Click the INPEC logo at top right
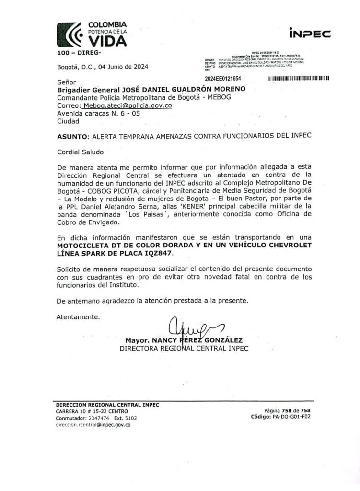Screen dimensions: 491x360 pyautogui.click(x=310, y=33)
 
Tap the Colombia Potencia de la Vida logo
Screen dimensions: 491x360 pyautogui.click(x=92, y=34)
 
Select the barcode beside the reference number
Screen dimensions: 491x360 pyautogui.click(x=299, y=78)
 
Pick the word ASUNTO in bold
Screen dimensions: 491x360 pyautogui.click(x=71, y=136)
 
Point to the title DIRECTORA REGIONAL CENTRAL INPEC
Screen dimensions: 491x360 pyautogui.click(x=184, y=349)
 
